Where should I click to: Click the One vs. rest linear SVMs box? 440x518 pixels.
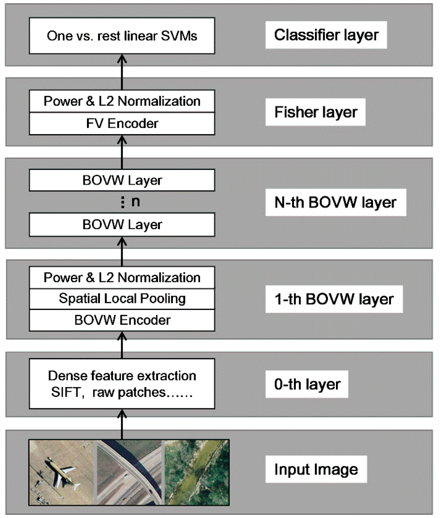tap(122, 36)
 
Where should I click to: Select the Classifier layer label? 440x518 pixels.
tap(326, 35)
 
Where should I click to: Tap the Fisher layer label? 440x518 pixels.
tap(315, 112)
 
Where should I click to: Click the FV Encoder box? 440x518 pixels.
tap(122, 124)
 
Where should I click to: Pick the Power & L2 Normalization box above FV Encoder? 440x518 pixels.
tap(122, 101)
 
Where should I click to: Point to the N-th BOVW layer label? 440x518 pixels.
tap(335, 202)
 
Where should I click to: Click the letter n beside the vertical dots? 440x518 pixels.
tap(136, 202)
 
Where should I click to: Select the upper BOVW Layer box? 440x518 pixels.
tap(122, 180)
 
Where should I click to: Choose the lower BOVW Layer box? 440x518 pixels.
tap(122, 225)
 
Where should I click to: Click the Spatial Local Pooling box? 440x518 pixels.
tap(122, 299)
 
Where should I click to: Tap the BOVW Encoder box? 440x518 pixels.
tap(122, 320)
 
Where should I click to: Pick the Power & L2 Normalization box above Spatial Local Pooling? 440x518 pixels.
tap(122, 277)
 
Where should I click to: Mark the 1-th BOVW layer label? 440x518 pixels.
tap(334, 299)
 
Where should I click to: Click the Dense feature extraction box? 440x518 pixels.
tap(122, 384)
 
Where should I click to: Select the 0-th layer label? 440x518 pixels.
tap(307, 385)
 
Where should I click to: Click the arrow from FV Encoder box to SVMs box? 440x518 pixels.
tap(122, 72)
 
